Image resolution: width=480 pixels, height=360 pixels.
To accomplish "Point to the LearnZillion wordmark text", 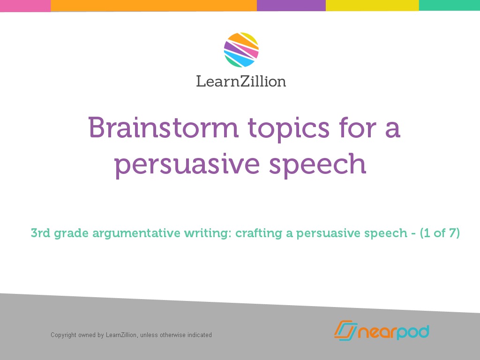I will pos(241,81).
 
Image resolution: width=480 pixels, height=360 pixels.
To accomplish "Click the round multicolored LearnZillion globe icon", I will pos(241,50).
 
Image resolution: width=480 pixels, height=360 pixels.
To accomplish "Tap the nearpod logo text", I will pos(394,332).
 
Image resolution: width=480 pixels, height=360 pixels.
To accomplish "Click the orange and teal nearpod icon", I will pos(345,330).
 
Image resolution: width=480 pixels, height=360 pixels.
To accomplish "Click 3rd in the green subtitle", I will pos(40,233).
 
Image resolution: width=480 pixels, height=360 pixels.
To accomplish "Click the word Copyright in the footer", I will pos(63,335).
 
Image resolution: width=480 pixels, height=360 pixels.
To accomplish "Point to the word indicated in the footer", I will pos(200,335).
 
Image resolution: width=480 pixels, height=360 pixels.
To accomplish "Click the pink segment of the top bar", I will pos(25,6).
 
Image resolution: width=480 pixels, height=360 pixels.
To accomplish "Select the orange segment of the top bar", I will pos(153,6).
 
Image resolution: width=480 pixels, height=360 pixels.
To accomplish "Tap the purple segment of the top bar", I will pos(291,6).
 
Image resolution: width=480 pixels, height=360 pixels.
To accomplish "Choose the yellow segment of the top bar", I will pos(372,6).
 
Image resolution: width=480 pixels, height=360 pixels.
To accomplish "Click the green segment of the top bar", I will pos(449,6).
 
